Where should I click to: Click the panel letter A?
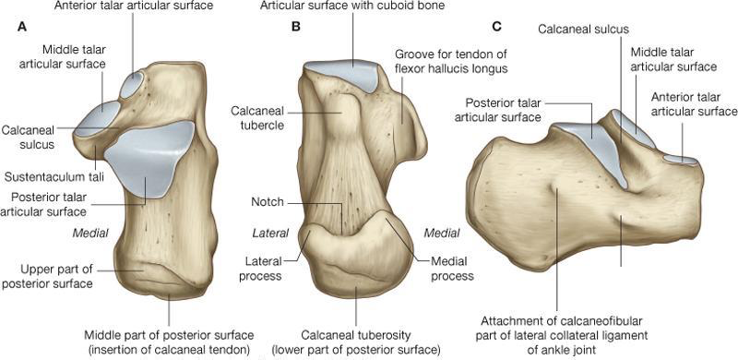coord(21,27)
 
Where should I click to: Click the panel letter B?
coord(296,27)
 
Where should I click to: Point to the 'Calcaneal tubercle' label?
coord(258,119)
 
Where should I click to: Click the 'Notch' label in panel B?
coord(268,201)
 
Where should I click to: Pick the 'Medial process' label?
coord(451,269)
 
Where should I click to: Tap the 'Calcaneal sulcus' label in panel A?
coord(29,138)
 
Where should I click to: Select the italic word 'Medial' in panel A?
coord(92,233)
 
